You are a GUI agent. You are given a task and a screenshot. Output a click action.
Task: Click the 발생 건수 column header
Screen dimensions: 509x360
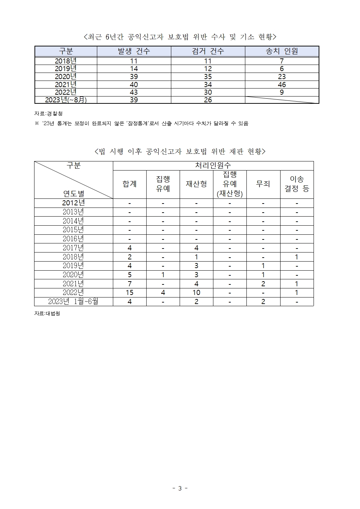click(x=134, y=51)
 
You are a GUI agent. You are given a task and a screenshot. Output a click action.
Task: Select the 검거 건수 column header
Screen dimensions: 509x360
click(x=208, y=51)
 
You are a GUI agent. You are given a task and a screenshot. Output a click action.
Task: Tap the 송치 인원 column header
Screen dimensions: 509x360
click(x=282, y=51)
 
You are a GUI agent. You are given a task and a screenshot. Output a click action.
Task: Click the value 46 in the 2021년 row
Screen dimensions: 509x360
click(x=282, y=85)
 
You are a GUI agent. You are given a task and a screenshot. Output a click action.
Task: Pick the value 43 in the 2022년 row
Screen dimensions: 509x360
click(x=134, y=92)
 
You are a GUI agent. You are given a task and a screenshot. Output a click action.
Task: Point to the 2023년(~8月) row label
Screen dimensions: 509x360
click(x=66, y=100)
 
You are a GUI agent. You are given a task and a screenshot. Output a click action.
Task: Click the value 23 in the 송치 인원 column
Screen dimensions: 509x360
click(x=282, y=77)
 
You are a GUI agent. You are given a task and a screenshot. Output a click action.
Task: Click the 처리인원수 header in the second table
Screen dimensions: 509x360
click(x=213, y=165)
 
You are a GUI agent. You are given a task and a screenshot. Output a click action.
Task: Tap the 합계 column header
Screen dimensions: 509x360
click(x=130, y=184)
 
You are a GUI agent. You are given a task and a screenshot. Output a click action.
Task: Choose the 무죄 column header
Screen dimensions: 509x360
click(x=263, y=184)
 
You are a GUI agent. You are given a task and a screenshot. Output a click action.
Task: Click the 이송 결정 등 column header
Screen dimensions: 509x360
click(x=296, y=184)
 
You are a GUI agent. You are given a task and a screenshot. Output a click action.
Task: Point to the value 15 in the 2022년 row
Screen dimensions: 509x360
click(x=130, y=292)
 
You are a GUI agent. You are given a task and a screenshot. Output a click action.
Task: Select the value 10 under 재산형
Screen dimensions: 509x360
click(x=196, y=292)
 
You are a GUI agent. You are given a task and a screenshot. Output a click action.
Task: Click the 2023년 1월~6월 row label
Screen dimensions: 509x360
click(x=73, y=301)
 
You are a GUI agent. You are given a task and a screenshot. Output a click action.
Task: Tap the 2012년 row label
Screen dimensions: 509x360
click(x=73, y=203)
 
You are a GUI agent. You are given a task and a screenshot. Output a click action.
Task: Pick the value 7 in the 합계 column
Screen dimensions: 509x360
click(x=130, y=284)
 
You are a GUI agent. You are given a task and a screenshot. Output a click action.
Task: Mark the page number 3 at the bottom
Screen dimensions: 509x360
click(x=180, y=488)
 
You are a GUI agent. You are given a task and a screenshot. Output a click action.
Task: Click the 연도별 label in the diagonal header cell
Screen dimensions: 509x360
click(x=74, y=193)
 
